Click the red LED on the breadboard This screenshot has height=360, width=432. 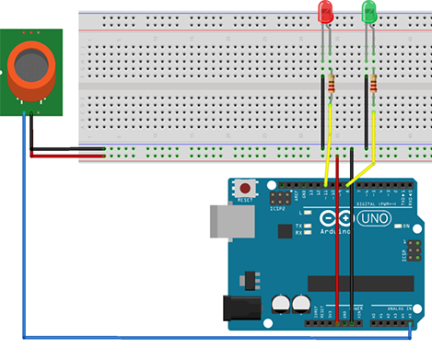[x=325, y=12]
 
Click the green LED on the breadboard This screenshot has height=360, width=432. [x=369, y=13]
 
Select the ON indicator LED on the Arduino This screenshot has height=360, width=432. [x=398, y=226]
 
